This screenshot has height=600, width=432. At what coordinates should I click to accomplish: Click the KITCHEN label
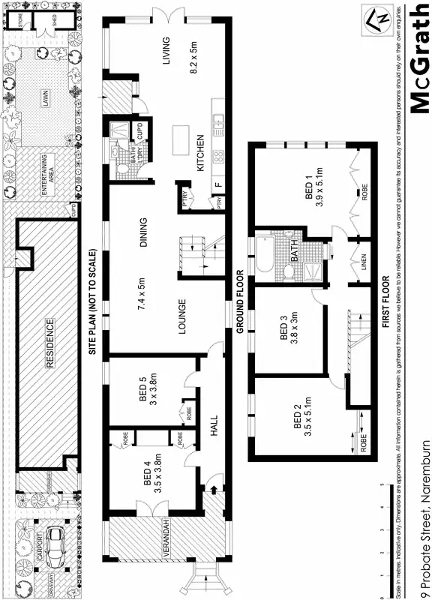coord(201,153)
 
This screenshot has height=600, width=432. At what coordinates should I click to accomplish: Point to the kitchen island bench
coord(180,139)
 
